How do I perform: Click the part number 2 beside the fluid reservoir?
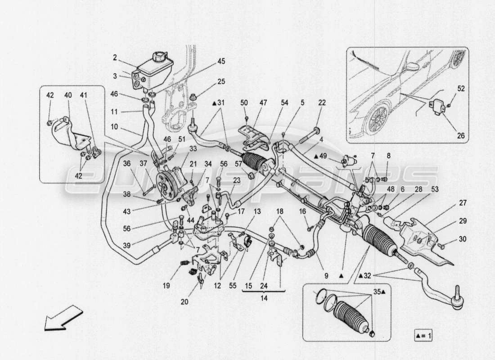115,58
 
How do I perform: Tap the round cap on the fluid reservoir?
159,57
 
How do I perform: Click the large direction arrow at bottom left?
63,318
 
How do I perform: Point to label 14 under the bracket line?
264,298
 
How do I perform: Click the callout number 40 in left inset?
68,95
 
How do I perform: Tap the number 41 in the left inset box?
84,95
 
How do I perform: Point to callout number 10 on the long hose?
115,127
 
